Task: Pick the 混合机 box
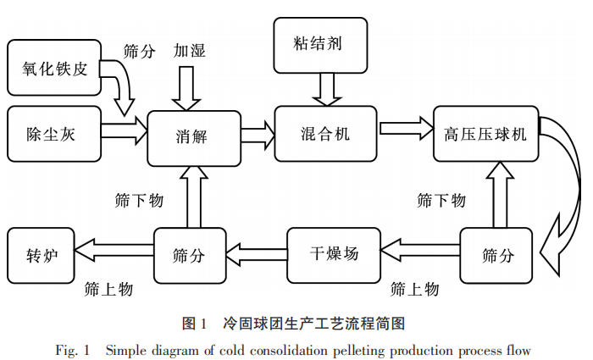[324, 133]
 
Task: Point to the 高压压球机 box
[485, 133]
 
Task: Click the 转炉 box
[41, 253]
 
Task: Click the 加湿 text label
[190, 48]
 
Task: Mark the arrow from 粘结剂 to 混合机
[324, 87]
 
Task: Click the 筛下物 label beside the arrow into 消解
[138, 201]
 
